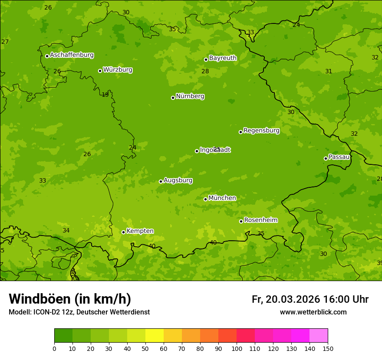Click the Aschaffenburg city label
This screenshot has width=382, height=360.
(72, 55)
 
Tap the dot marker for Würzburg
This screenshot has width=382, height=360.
(100, 71)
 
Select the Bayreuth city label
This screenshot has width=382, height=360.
(223, 58)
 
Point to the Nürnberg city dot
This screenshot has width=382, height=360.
(173, 98)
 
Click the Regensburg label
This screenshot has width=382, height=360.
(261, 131)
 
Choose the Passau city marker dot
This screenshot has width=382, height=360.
(326, 158)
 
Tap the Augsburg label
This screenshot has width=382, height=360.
(178, 180)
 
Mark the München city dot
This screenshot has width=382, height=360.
(205, 199)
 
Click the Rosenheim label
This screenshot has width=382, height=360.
(260, 220)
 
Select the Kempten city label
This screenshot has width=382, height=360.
(140, 231)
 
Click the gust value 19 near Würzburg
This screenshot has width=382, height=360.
(105, 95)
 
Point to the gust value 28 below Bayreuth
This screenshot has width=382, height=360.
(205, 71)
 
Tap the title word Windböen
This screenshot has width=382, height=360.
(40, 299)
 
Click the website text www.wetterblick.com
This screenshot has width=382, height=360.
(313, 312)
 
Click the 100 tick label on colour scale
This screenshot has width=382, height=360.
(237, 348)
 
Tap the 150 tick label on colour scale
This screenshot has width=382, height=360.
(328, 348)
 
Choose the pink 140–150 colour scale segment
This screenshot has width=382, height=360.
(319, 336)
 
